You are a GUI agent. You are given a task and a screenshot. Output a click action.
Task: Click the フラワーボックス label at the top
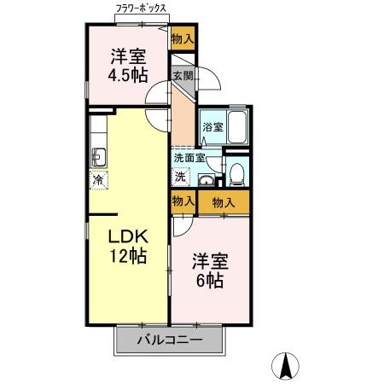point(142,9)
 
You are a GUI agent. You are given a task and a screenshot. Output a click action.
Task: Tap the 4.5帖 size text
point(126,73)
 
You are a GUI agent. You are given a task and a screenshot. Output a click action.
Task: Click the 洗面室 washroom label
point(189,158)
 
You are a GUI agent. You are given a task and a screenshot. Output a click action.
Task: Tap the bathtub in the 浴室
point(236,129)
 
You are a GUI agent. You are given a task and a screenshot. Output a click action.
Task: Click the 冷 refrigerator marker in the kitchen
point(98,180)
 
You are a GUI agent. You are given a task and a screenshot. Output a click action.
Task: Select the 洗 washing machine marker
point(181,177)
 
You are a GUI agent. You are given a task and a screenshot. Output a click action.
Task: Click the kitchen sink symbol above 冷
point(98,156)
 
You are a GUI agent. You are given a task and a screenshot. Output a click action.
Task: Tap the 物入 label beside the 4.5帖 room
point(182,38)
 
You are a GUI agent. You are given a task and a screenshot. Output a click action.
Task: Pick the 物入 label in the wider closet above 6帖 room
point(224,202)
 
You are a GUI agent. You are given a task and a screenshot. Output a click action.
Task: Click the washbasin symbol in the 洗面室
point(205,179)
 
